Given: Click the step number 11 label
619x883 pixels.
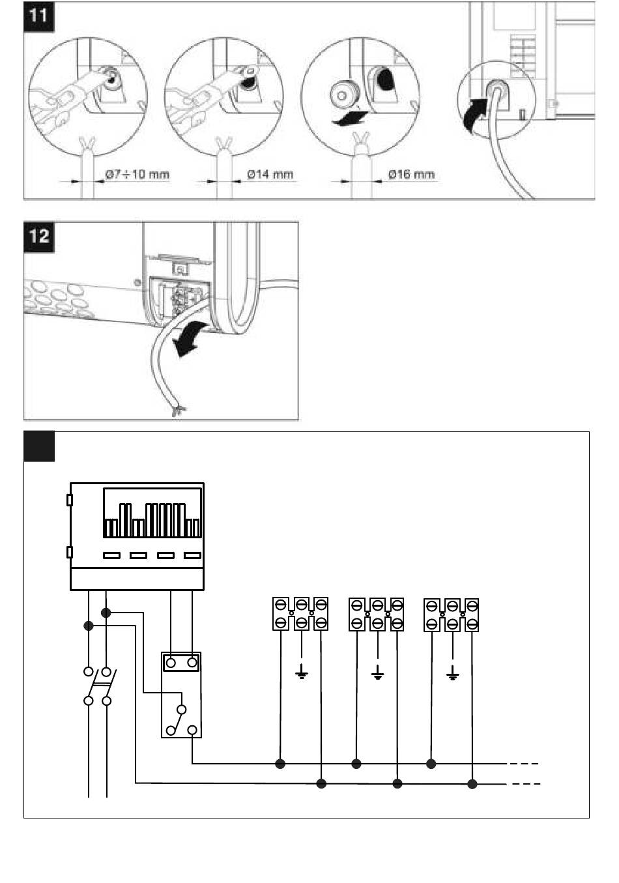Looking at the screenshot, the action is [38, 16].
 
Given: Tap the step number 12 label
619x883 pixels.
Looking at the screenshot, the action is [38, 237].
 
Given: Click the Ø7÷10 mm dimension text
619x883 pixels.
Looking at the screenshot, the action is [137, 174].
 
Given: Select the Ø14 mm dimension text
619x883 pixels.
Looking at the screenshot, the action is [270, 174].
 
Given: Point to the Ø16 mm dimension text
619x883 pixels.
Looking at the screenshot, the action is [411, 174].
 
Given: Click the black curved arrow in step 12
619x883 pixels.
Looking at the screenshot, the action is [189, 338].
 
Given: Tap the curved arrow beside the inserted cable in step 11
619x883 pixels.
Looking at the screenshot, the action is [475, 115].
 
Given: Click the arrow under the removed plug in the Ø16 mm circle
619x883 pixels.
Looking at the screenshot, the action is [349, 118].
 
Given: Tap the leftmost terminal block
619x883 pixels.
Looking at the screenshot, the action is [300, 614].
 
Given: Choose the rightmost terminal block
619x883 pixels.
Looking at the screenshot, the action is [452, 615].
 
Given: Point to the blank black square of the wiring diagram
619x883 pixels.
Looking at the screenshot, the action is [39, 446].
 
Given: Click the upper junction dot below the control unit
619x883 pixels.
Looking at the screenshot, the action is [106, 613].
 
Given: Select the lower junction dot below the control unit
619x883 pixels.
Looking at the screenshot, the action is [89, 626].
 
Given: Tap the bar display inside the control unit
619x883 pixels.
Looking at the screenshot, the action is [152, 513].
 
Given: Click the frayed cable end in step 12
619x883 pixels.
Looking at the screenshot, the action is [179, 411].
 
